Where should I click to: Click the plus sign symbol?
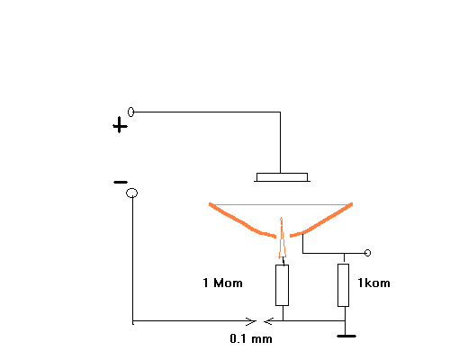click(120, 125)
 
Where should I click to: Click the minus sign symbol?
click(121, 182)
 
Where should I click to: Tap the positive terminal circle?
click(130, 112)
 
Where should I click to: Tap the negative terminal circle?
click(132, 193)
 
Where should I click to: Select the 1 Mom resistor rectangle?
click(283, 285)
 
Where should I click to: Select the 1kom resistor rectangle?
click(344, 285)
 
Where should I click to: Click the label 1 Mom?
click(222, 283)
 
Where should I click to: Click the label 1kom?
click(373, 283)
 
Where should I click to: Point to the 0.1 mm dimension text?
click(251, 338)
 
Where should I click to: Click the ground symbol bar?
click(346, 337)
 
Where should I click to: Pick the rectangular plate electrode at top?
click(282, 177)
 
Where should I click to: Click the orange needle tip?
click(281, 218)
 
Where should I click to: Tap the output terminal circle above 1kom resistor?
click(367, 253)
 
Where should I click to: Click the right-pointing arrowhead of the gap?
click(251, 321)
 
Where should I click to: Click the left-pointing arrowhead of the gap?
click(268, 321)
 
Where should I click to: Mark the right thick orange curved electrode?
click(321, 221)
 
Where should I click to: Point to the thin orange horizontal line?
click(281, 205)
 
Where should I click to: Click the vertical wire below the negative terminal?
click(132, 260)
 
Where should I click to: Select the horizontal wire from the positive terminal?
click(207, 112)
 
